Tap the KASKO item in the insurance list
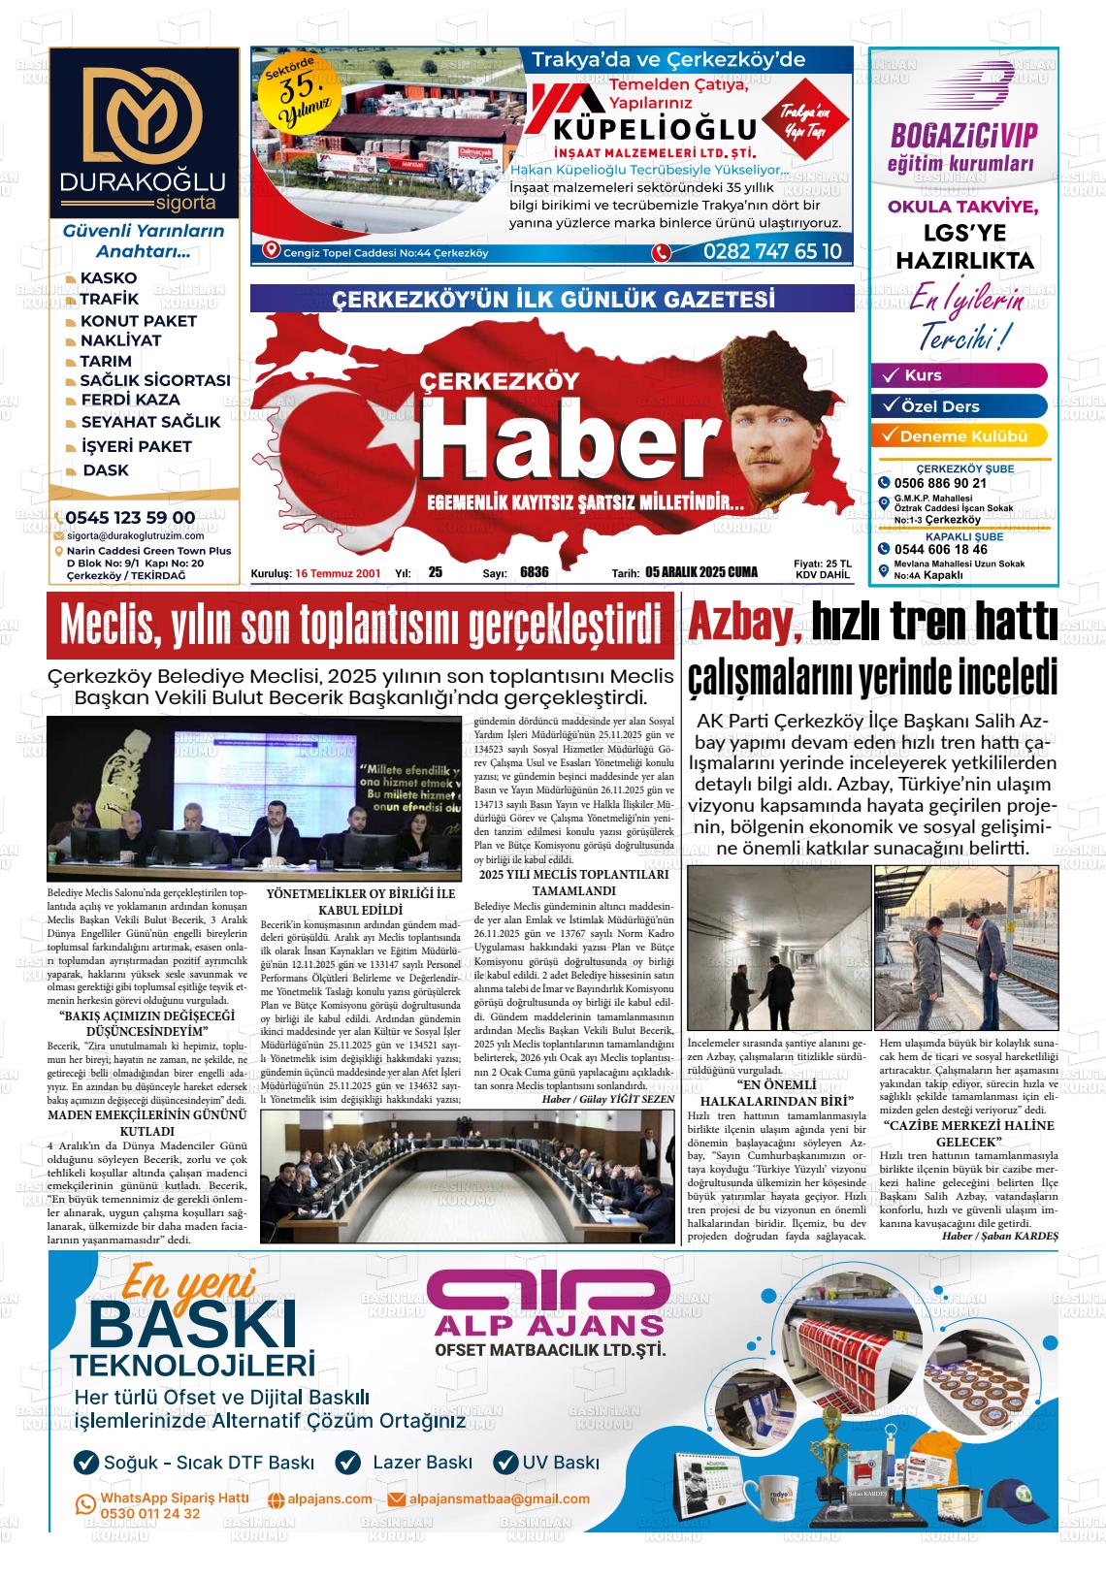pyautogui.click(x=108, y=278)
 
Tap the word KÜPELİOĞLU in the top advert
pyautogui.click(x=654, y=129)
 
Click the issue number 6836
pyautogui.click(x=534, y=572)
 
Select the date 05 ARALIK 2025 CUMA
pyautogui.click(x=700, y=572)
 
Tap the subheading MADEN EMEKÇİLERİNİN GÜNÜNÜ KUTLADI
pyautogui.click(x=146, y=1123)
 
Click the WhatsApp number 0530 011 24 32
pyautogui.click(x=150, y=1514)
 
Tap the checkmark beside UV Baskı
pyautogui.click(x=505, y=1463)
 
